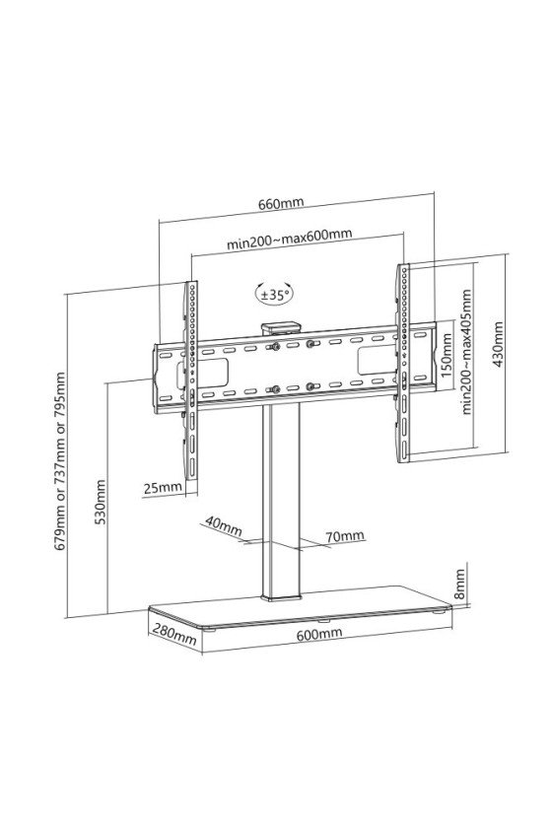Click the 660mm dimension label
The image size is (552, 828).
[x=281, y=203]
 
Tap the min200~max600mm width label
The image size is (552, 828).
[x=290, y=240]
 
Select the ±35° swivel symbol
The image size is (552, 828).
[x=275, y=294]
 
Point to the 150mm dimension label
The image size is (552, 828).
[x=447, y=354]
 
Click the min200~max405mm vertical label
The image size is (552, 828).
[x=466, y=352]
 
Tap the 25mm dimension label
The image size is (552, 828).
[x=163, y=487]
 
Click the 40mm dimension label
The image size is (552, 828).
[x=224, y=526]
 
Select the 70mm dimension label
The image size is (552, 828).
[x=345, y=536]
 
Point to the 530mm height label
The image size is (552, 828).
[x=100, y=502]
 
